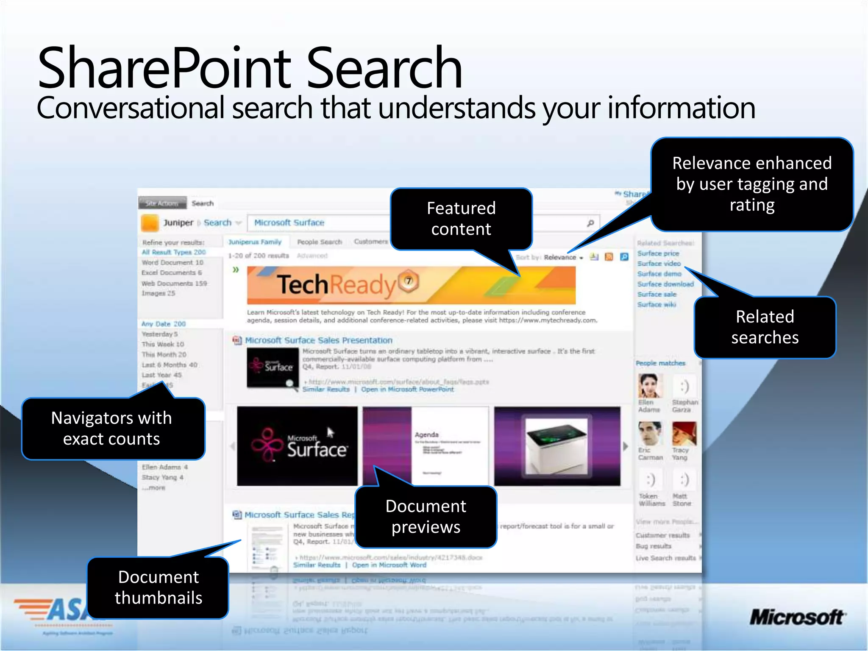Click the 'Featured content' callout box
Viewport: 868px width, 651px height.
pyautogui.click(x=461, y=219)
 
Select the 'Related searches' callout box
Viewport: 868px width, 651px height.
pyautogui.click(x=765, y=327)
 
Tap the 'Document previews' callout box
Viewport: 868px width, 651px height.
pyautogui.click(x=426, y=517)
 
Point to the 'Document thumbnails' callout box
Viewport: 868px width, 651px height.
pyautogui.click(x=158, y=587)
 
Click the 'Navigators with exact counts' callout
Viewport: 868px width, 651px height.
pyautogui.click(x=112, y=428)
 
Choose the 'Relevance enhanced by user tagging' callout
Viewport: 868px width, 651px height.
pyautogui.click(x=752, y=184)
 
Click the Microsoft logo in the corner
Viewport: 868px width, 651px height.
pyautogui.click(x=797, y=617)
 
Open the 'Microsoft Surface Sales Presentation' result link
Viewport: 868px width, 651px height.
pyautogui.click(x=319, y=340)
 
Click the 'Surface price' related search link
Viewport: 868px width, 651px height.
pyautogui.click(x=658, y=253)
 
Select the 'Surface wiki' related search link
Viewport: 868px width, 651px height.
pyautogui.click(x=657, y=304)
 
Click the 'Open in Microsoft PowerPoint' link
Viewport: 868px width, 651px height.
pyautogui.click(x=407, y=389)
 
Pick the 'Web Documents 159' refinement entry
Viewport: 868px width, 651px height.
pyautogui.click(x=174, y=283)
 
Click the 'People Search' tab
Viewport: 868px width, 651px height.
pyautogui.click(x=319, y=242)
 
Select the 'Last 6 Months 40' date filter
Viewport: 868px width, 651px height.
pyautogui.click(x=170, y=365)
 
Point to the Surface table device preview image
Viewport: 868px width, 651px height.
pyautogui.click(x=557, y=446)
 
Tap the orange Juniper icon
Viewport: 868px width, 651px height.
pyautogui.click(x=150, y=223)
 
